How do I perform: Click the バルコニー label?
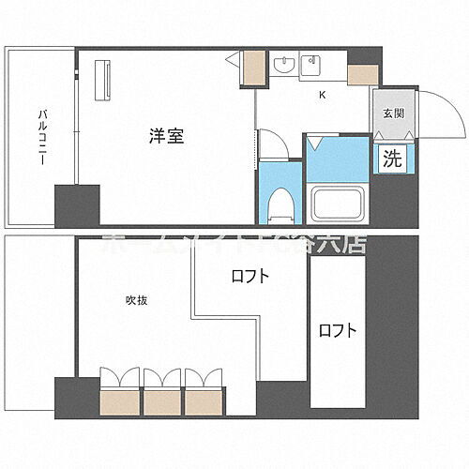tap(42, 137)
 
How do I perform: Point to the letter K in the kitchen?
tap(322, 95)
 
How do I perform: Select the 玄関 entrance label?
tap(392, 114)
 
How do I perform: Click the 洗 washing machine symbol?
tap(392, 159)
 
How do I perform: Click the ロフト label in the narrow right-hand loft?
tap(337, 330)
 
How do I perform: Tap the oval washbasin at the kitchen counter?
tap(284, 65)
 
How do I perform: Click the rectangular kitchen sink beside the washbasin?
tap(311, 65)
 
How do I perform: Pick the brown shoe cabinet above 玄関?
tap(361, 76)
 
